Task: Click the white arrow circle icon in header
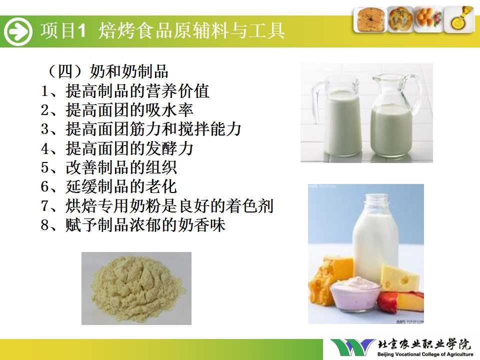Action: coord(18,31)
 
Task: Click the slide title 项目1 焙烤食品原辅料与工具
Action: coord(162,30)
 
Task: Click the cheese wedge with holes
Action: coord(399,278)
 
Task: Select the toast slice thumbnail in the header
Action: coord(370,19)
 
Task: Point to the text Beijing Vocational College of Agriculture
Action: coord(425,354)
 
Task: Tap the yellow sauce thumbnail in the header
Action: coord(459,19)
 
